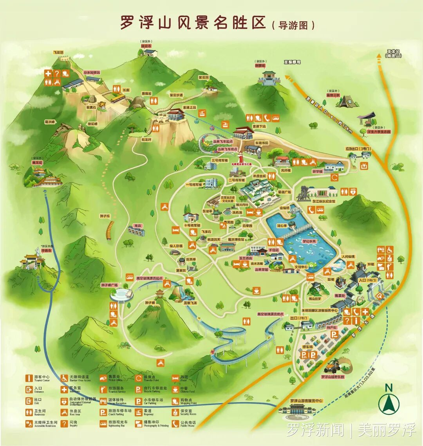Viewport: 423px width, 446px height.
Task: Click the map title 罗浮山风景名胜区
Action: click(x=192, y=22)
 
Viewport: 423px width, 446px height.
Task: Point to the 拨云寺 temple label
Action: click(x=146, y=46)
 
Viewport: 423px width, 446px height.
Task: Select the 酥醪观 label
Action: click(x=260, y=66)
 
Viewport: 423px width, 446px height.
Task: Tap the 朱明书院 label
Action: click(x=262, y=143)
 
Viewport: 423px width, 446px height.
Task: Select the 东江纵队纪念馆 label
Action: click(x=324, y=201)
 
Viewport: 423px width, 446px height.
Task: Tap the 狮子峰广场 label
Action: click(x=109, y=285)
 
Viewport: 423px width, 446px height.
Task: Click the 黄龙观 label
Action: click(x=37, y=162)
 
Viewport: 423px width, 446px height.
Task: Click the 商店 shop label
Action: click(x=137, y=226)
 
